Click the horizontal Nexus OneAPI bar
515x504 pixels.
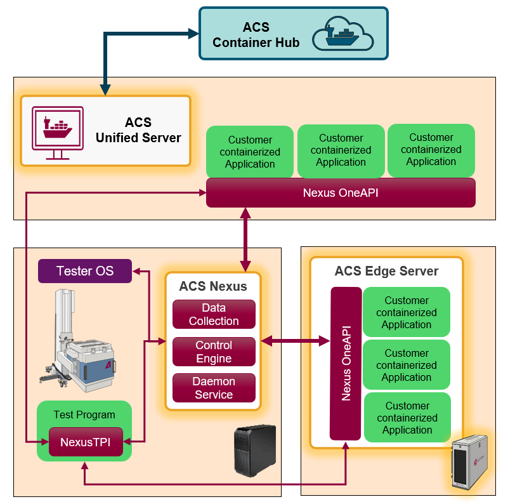pos(341,192)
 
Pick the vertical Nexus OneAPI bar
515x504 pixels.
pos(346,363)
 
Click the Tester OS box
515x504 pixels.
pos(85,271)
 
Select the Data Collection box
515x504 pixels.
pos(214,314)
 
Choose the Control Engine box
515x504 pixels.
pos(214,352)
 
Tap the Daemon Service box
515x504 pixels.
pos(214,388)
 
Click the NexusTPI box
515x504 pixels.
pos(86,442)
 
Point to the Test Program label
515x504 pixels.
pos(84,415)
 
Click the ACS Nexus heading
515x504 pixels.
pos(213,286)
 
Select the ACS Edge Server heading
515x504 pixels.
pos(386,272)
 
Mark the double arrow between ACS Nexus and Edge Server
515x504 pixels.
pos(295,342)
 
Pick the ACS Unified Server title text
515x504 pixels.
pos(138,130)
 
